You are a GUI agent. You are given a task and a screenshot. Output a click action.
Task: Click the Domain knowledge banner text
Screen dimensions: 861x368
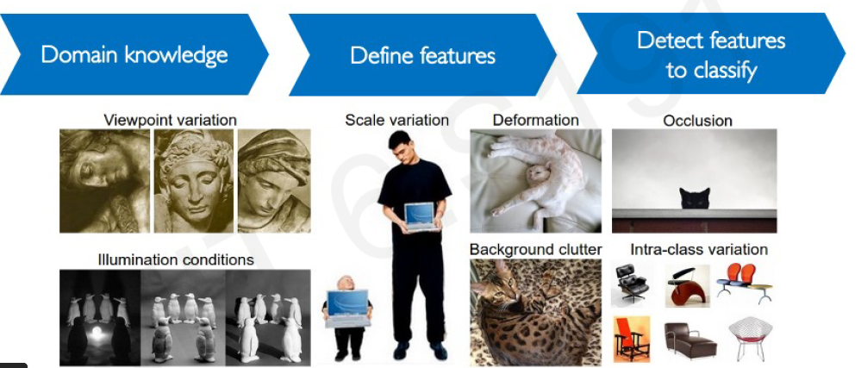[134, 55]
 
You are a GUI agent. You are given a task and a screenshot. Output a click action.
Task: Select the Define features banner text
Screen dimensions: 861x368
[423, 55]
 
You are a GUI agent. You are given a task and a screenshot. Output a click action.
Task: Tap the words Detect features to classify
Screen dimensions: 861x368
[711, 55]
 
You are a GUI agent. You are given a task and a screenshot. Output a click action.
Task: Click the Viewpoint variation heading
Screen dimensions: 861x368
[171, 120]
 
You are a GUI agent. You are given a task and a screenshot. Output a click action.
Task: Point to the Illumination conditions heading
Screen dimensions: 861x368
[176, 259]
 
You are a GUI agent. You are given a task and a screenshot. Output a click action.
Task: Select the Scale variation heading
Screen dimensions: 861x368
[397, 120]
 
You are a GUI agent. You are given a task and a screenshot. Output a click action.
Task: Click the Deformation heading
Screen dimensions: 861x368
[536, 120]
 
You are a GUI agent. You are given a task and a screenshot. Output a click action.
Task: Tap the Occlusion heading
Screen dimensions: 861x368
[697, 121]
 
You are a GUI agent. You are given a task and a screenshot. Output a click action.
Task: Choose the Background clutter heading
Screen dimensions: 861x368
[535, 250]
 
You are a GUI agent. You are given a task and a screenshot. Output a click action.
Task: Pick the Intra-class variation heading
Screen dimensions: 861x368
[699, 250]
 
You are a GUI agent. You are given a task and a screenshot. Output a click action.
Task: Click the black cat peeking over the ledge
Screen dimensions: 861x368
[695, 198]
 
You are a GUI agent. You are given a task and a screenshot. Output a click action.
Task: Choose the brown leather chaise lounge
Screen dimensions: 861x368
[689, 340]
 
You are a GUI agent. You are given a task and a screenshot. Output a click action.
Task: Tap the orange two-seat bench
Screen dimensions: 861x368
[744, 282]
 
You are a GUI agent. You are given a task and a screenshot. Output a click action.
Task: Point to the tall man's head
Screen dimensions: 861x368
[400, 147]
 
